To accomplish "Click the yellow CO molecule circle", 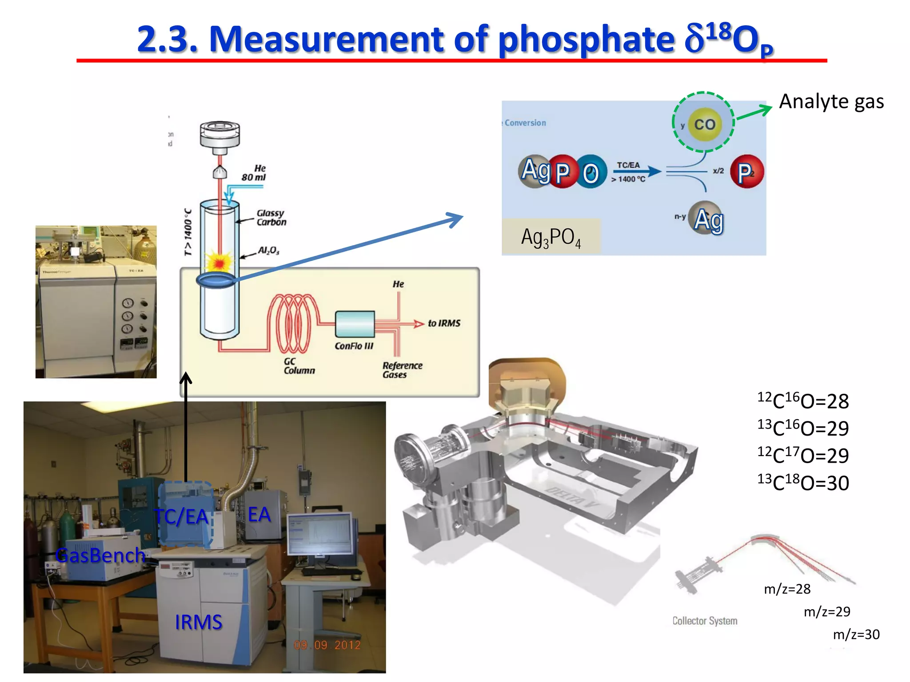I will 704,124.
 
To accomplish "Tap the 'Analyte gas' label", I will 831,102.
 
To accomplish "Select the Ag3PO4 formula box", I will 551,237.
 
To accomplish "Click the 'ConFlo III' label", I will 354,346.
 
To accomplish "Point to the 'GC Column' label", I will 299,366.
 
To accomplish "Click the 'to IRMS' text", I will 444,323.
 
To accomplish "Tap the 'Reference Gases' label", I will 402,370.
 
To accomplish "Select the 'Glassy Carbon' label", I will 271,218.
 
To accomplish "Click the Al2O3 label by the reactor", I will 269,250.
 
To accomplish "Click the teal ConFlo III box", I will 355,324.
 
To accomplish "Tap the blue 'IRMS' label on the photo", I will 198,622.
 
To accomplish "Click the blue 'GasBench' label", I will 100,555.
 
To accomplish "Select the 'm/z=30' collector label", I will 856,634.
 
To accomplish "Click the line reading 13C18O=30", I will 803,483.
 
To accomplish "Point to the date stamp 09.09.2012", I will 327,645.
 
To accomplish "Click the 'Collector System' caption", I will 704,621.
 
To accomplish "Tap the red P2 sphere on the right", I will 746,172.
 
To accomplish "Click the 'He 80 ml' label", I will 254,173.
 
